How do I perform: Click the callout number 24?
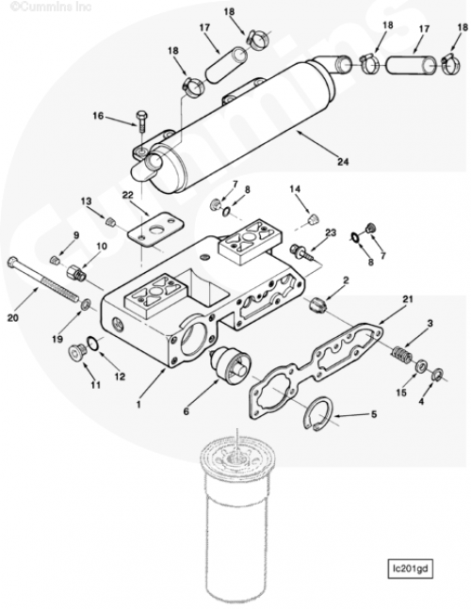(x=343, y=161)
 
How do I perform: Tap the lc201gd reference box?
(x=411, y=569)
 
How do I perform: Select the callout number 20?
(x=13, y=318)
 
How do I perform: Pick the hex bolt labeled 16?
(x=140, y=122)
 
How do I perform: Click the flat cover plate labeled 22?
(x=155, y=229)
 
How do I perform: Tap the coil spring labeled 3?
(x=401, y=355)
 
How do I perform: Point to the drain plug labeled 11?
(x=75, y=352)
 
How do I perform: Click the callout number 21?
(x=408, y=299)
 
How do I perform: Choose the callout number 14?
(x=295, y=189)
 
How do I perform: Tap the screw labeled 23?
(x=301, y=251)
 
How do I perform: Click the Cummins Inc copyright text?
(x=51, y=7)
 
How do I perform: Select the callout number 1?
(x=138, y=405)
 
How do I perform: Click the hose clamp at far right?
(x=451, y=64)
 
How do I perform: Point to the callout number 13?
(x=87, y=201)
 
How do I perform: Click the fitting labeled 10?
(x=76, y=272)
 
